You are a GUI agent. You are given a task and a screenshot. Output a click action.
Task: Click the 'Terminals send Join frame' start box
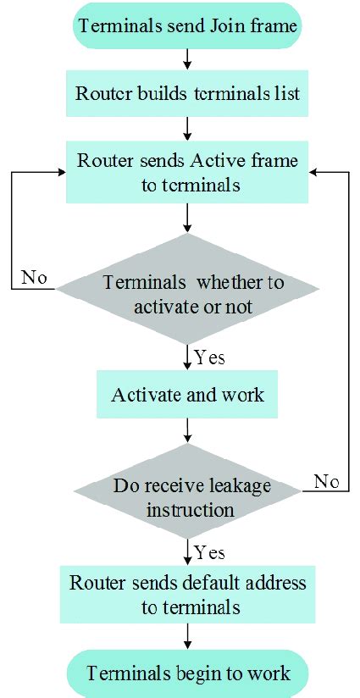[x=187, y=26]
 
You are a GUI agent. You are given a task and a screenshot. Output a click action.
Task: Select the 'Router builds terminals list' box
[x=187, y=94]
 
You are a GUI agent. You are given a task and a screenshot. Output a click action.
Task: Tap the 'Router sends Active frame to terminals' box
[x=187, y=171]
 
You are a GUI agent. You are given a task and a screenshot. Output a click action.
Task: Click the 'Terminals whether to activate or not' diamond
[x=187, y=292]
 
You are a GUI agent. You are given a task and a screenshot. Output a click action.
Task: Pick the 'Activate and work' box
[x=187, y=394]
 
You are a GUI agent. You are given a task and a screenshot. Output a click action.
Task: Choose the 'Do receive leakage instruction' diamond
[x=187, y=497]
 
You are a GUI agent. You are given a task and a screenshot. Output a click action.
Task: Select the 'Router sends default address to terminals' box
[x=187, y=596]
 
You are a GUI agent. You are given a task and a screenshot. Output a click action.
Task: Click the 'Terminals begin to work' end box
[x=187, y=673]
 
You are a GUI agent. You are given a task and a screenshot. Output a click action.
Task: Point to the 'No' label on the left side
[x=34, y=278]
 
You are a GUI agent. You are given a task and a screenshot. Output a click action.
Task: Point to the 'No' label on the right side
[x=326, y=481]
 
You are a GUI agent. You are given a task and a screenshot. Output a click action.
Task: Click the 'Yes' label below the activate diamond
[x=209, y=357]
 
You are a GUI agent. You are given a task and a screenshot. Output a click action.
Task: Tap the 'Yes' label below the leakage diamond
[x=209, y=553]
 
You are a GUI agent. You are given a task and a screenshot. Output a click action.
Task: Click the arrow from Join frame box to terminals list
[x=187, y=59]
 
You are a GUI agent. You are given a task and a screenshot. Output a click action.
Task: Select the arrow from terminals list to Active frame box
[x=187, y=128]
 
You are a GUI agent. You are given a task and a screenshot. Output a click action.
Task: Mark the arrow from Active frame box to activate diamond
[x=187, y=218]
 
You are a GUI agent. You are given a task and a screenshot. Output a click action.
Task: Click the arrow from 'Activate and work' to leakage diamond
[x=187, y=431]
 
